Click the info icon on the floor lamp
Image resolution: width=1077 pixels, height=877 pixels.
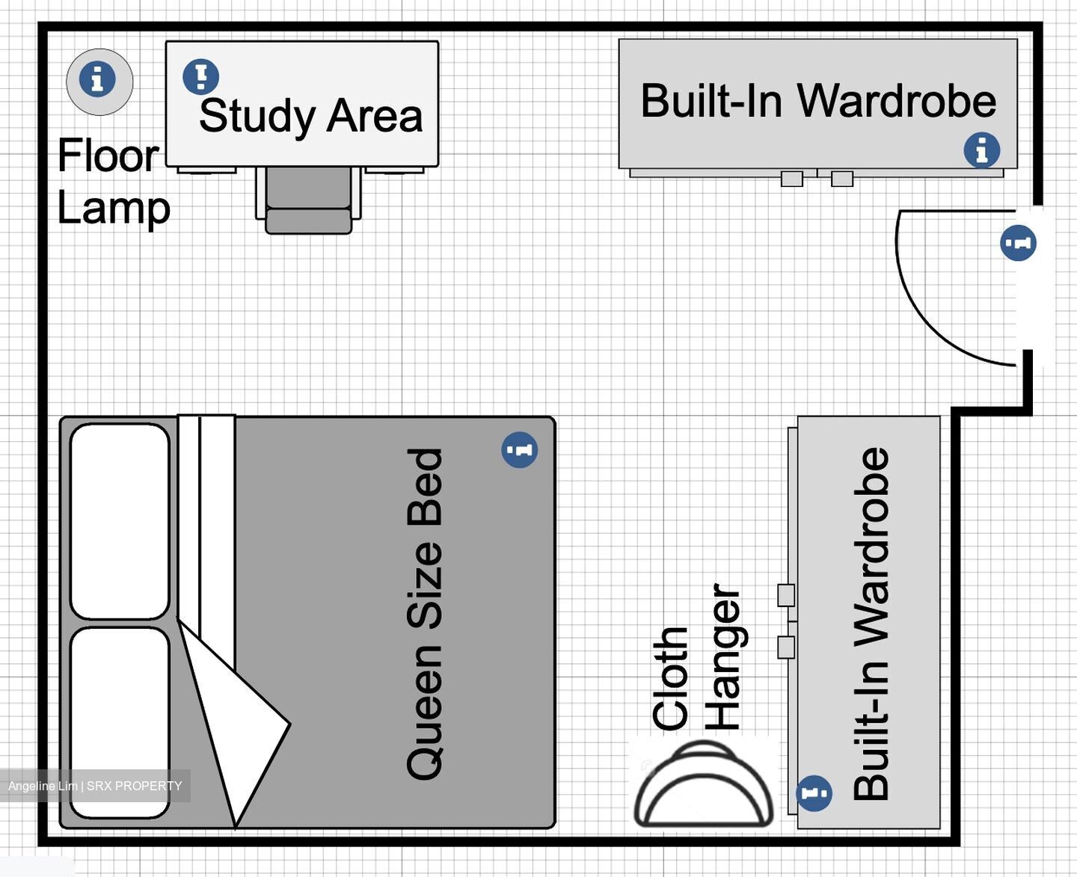pos(97,79)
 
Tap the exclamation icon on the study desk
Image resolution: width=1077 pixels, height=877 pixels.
pos(200,76)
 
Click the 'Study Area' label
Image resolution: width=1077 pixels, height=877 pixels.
pos(310,116)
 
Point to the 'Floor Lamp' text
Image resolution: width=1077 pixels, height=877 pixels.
pos(112,182)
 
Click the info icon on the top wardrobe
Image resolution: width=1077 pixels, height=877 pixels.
pos(981,150)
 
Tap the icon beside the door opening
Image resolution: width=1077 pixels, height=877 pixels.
pos(1018,243)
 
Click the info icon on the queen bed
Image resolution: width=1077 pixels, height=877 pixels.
pos(519,450)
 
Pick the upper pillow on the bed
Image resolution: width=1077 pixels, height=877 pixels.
pos(120,521)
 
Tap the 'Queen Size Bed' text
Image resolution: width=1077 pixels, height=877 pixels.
pos(425,613)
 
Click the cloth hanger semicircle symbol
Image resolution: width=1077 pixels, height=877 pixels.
pos(703,785)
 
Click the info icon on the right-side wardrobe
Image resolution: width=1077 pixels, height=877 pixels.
pos(814,793)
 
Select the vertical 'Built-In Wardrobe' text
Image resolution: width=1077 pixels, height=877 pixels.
pos(871,624)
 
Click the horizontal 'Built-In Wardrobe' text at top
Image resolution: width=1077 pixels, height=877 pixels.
pos(818,101)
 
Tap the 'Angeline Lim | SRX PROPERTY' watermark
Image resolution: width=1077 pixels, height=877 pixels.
pos(95,786)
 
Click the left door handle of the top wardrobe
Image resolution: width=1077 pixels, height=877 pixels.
pos(791,179)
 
